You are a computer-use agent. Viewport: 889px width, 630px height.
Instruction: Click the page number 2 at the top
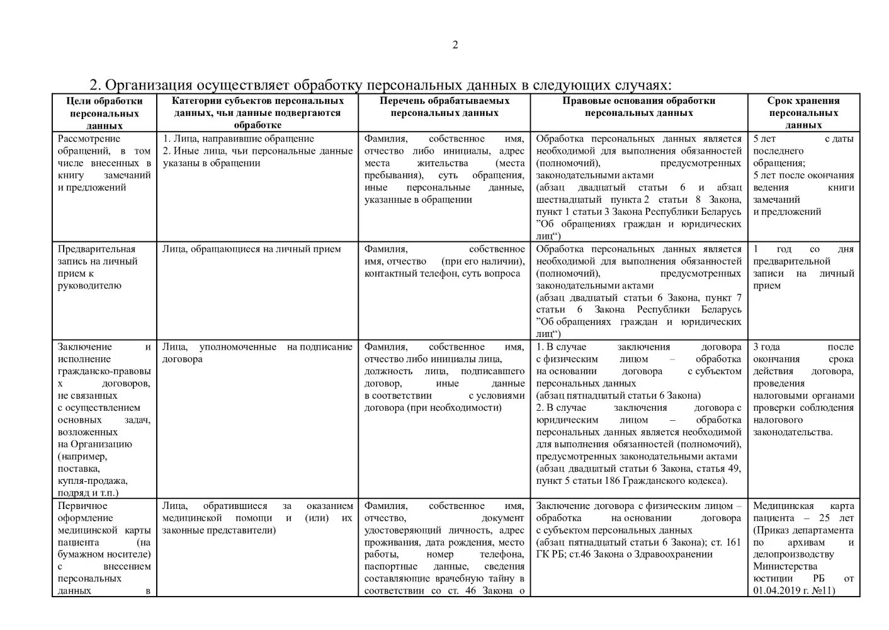455,45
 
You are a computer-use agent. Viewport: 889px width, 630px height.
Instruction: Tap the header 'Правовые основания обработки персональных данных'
638,107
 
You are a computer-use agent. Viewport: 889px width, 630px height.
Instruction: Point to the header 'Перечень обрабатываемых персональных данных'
444,107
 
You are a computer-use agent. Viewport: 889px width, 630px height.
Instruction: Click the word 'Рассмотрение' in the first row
89,139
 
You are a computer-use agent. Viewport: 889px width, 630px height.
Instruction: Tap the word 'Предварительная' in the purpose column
96,249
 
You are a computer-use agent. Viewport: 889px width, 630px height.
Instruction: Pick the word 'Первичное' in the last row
82,506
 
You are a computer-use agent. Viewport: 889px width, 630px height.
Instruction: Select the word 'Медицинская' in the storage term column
783,506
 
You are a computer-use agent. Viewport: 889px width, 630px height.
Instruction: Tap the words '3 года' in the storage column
766,347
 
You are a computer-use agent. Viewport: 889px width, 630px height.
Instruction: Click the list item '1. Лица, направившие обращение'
239,139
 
